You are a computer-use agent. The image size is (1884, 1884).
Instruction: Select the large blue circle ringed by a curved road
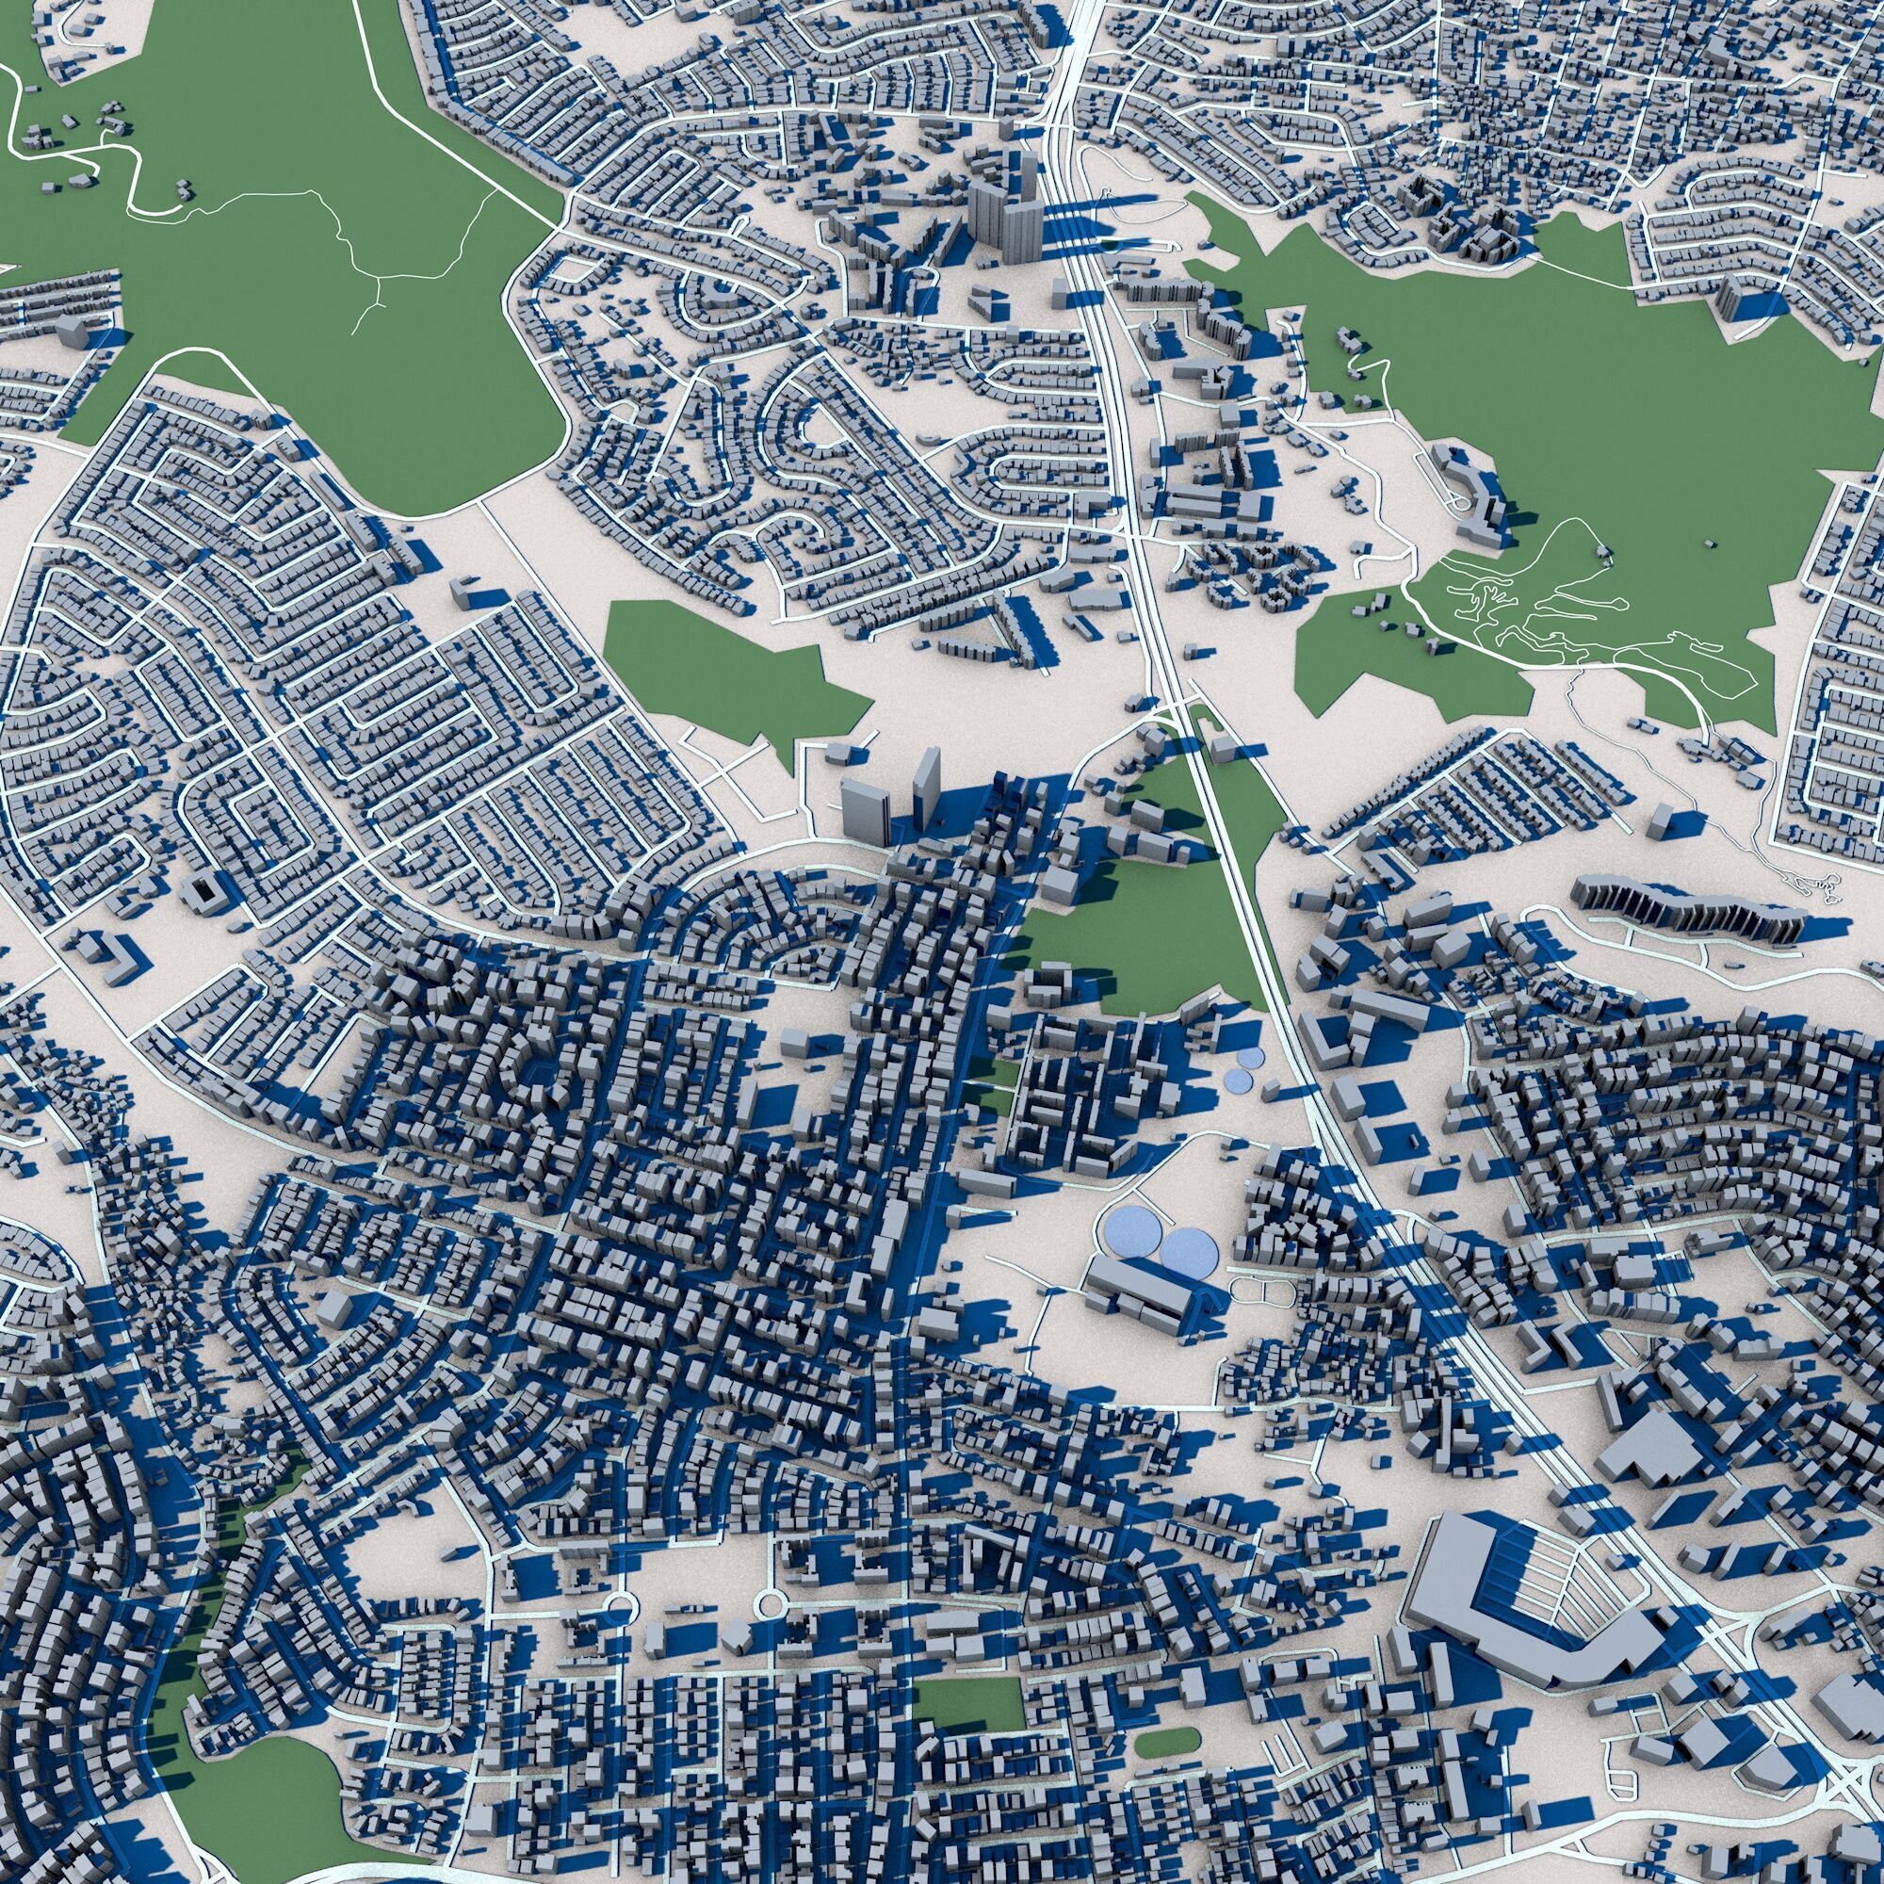(x=1130, y=1231)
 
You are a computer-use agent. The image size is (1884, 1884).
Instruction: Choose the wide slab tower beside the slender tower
(x=865, y=809)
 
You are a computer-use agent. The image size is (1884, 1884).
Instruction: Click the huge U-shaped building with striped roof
(x=1521, y=1600)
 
